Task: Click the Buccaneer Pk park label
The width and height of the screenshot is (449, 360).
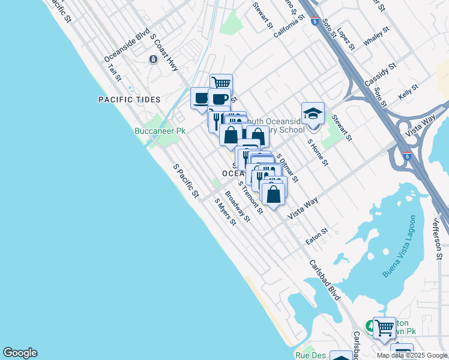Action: pyautogui.click(x=159, y=130)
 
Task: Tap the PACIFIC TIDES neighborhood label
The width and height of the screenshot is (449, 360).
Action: pyautogui.click(x=130, y=100)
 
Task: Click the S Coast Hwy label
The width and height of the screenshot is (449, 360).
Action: pyautogui.click(x=164, y=52)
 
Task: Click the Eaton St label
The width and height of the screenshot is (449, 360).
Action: pyautogui.click(x=317, y=236)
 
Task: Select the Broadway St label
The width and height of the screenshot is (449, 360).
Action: pyautogui.click(x=237, y=206)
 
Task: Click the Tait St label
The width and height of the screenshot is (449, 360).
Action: pyautogui.click(x=115, y=74)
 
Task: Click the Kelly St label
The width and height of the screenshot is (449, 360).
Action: pyautogui.click(x=408, y=92)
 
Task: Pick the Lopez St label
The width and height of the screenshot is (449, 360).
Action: pyautogui.click(x=346, y=38)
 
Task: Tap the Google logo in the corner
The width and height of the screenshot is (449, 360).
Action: pyautogui.click(x=20, y=353)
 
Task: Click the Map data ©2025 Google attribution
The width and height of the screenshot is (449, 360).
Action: pyautogui.click(x=412, y=355)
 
